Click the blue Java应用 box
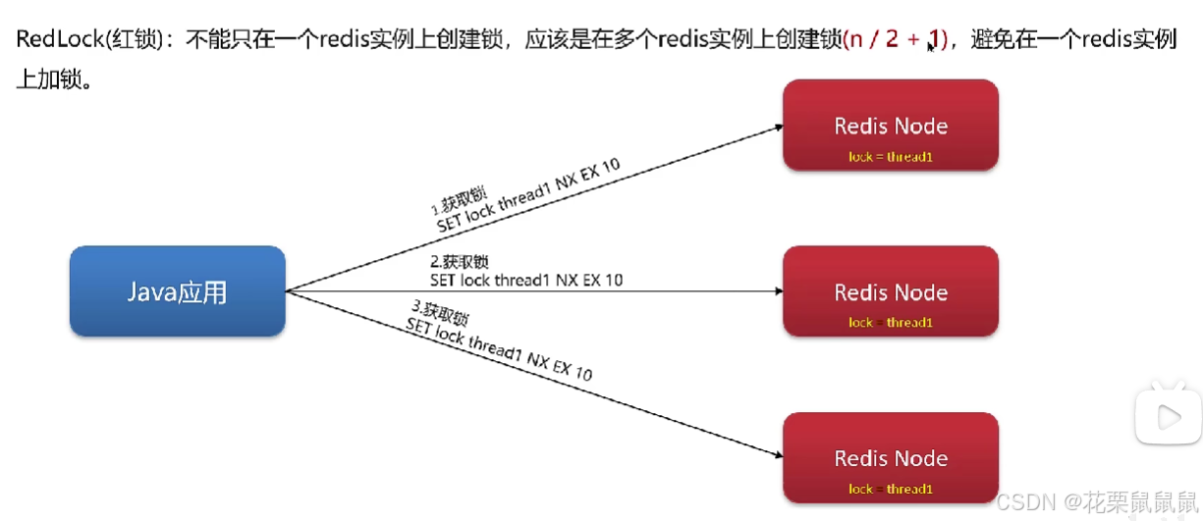click(177, 291)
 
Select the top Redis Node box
click(890, 125)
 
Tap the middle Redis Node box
click(890, 291)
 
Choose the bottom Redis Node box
click(890, 458)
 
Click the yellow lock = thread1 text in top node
click(890, 157)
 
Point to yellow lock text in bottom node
click(890, 489)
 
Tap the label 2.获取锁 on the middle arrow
click(460, 262)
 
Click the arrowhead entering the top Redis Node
click(778, 127)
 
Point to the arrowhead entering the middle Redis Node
click(778, 291)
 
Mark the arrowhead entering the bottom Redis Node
click(778, 454)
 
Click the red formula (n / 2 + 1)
click(894, 40)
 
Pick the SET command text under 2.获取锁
click(526, 281)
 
